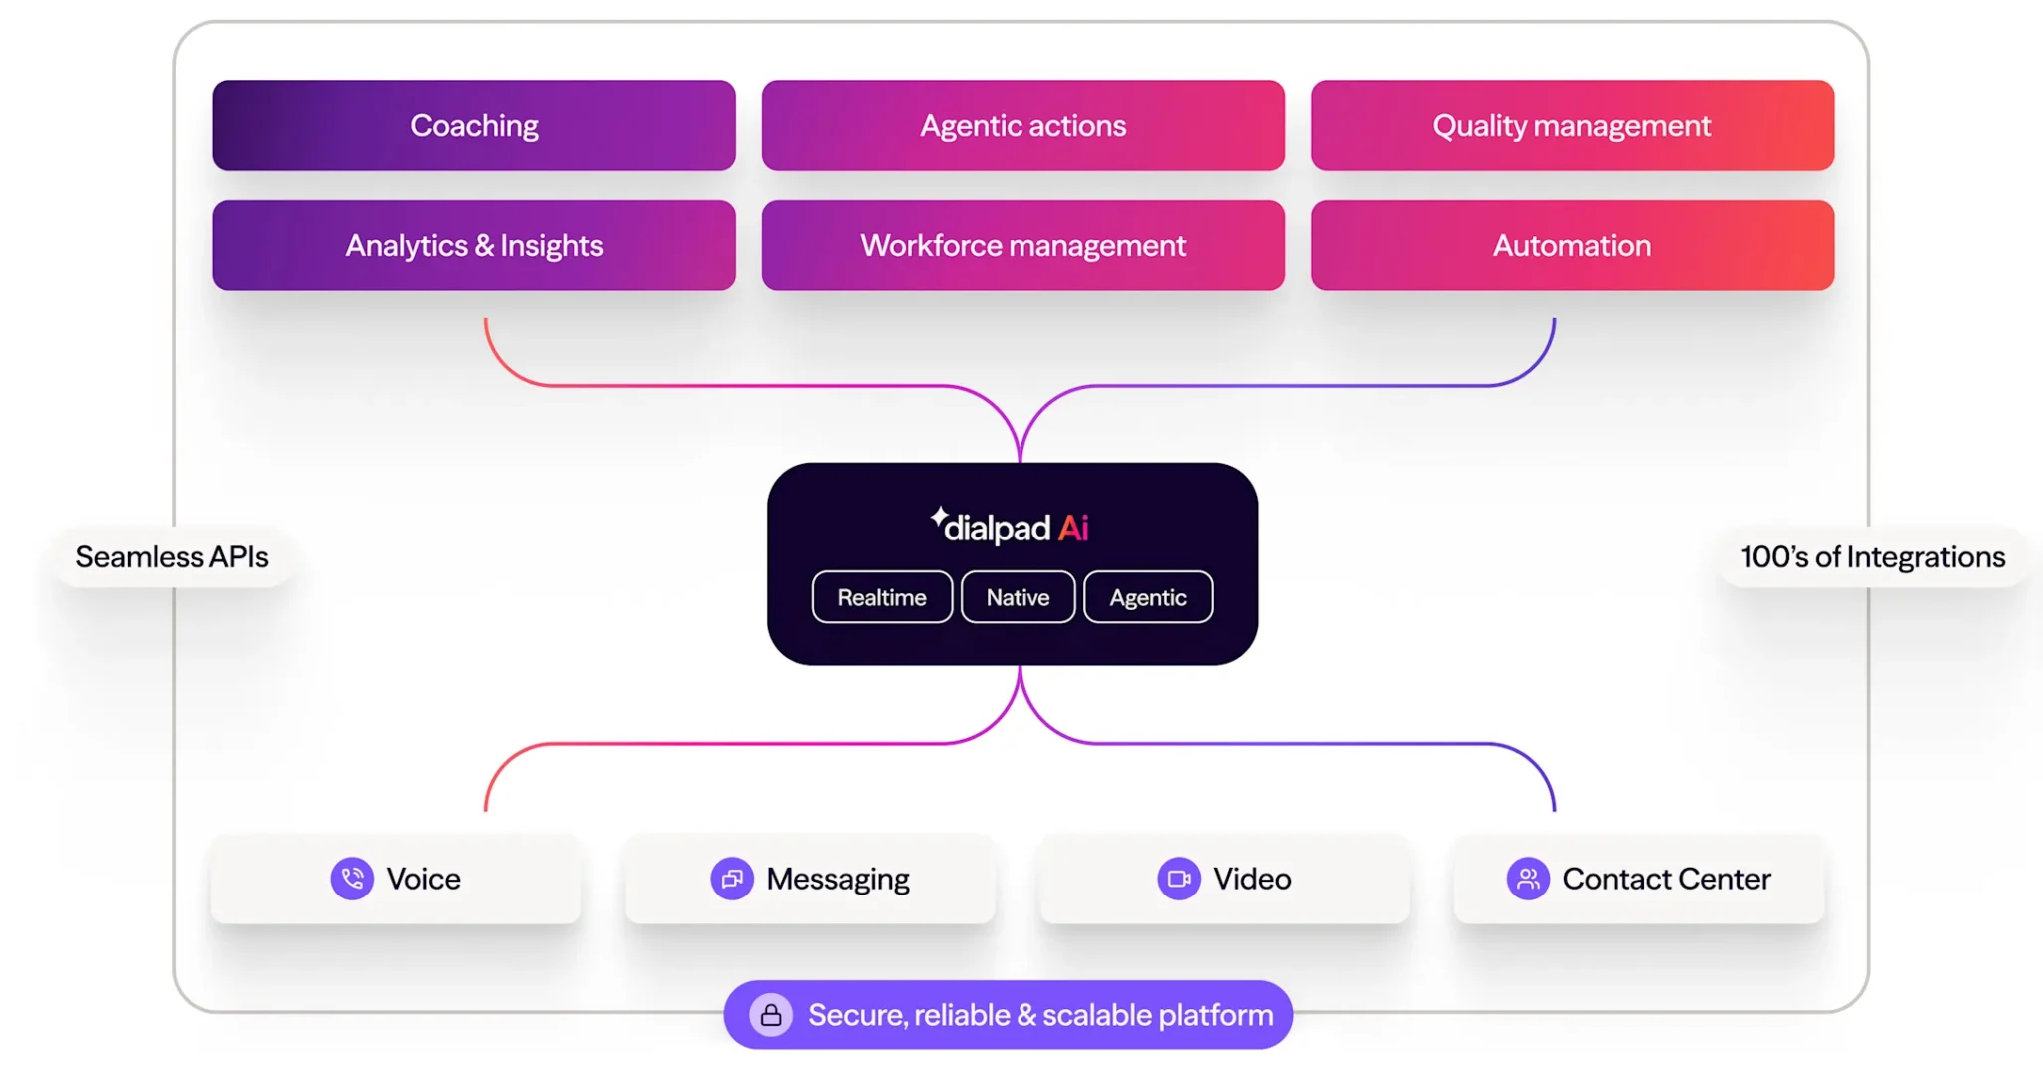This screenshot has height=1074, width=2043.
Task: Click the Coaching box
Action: [x=474, y=126]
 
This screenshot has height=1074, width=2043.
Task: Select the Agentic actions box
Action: [x=1022, y=126]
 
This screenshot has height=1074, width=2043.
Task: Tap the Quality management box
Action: [x=1571, y=126]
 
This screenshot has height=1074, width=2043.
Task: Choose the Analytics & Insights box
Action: [x=474, y=246]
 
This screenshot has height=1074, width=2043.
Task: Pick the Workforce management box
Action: [x=1022, y=246]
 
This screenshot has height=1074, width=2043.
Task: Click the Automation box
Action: [x=1571, y=246]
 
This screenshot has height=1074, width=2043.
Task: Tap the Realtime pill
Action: [x=882, y=597]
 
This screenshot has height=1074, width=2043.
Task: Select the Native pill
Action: [x=1018, y=597]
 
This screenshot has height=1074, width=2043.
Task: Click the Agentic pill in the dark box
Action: [x=1148, y=597]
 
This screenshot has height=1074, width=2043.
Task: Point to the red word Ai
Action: [x=1073, y=528]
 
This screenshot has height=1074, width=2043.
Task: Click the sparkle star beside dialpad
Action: [x=939, y=516]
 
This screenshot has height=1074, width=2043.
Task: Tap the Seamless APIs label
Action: [x=173, y=556]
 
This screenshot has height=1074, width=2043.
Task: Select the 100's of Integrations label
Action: [x=1872, y=556]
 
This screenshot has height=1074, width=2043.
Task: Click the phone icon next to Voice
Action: [x=352, y=879]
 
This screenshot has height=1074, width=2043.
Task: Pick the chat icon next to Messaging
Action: [x=732, y=879]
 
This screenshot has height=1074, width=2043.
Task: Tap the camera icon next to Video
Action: [x=1179, y=879]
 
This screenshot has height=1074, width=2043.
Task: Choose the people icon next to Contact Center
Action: [x=1528, y=879]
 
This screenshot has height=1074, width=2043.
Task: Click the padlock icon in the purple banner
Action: [x=771, y=1015]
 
